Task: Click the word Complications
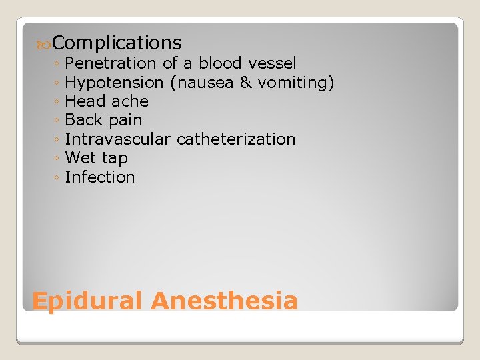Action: (x=117, y=43)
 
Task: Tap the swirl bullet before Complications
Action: (x=44, y=43)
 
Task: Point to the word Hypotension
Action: (x=114, y=83)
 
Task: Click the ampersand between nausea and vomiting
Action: (x=245, y=82)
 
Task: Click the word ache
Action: (x=129, y=101)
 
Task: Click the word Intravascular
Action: (x=118, y=139)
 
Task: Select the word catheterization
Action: (x=236, y=139)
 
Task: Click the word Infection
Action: (x=100, y=177)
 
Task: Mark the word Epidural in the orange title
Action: (x=87, y=301)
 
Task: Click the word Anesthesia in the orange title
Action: (x=223, y=301)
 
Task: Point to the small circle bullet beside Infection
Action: (x=58, y=178)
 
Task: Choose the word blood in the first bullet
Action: (x=221, y=63)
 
